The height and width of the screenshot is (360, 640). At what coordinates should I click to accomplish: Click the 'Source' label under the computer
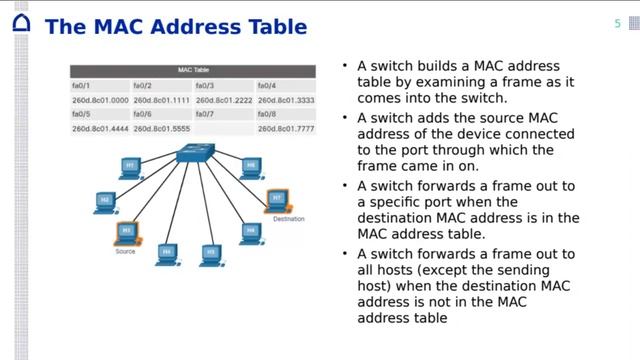coord(125,251)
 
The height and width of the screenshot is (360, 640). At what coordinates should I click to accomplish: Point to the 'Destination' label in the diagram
coord(288,218)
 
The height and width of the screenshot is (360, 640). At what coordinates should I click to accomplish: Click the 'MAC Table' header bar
coord(192,71)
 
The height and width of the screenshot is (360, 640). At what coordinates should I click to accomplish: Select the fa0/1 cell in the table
coord(81,86)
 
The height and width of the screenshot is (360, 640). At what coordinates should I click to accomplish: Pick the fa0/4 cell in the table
coord(266,86)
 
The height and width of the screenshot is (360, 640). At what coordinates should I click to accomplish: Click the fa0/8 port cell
coord(266,115)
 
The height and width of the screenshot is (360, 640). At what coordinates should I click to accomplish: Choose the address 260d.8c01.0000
coord(100,100)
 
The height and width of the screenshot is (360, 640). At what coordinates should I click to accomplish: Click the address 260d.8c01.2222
coord(224,100)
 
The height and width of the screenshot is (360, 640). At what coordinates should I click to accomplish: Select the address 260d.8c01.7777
coord(285,129)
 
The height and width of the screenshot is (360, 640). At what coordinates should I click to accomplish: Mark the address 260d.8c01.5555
coord(162,129)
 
